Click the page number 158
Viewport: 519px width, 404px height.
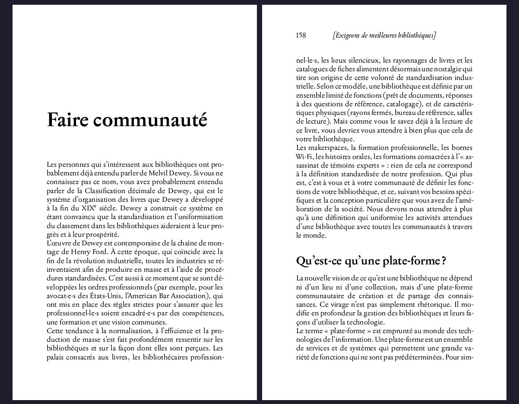[301, 35]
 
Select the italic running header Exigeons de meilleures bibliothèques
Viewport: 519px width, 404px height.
[384, 35]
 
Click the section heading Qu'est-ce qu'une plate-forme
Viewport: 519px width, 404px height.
[370, 261]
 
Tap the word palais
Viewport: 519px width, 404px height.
[56, 357]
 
